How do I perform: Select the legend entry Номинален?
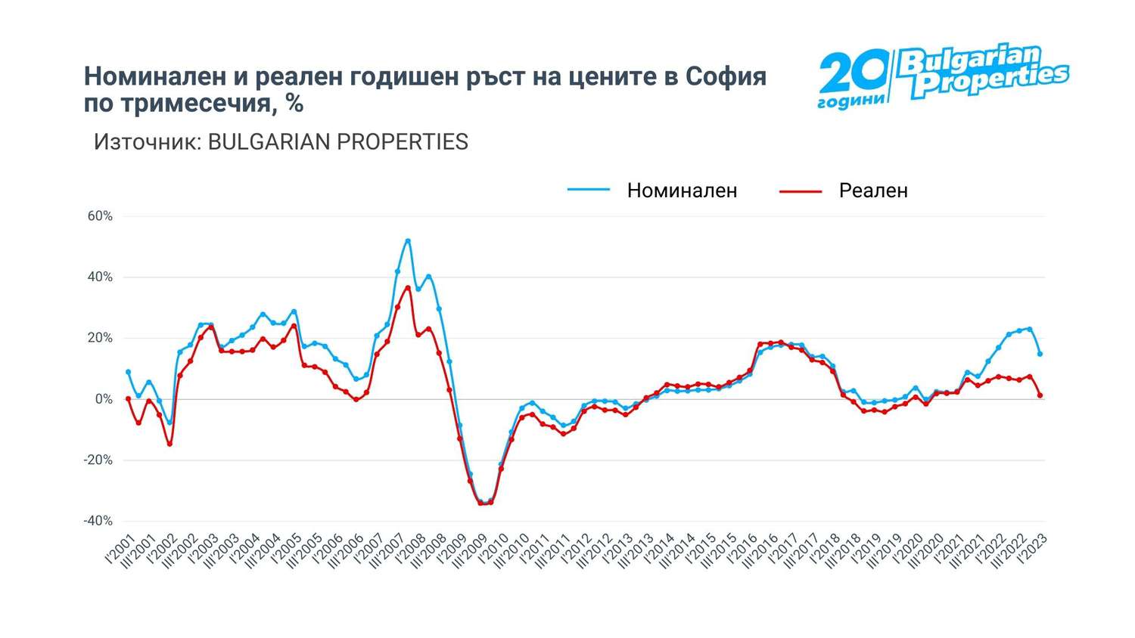(x=681, y=190)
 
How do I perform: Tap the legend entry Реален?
(x=872, y=190)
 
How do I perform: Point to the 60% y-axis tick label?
(x=100, y=216)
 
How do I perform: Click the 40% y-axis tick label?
(x=100, y=277)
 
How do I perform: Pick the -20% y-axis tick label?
(x=98, y=460)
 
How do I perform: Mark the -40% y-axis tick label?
(x=98, y=521)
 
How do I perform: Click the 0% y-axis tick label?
(x=103, y=399)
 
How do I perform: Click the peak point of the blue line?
(x=408, y=241)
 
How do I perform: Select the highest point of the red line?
(x=408, y=287)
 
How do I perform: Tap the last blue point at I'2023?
(x=1040, y=354)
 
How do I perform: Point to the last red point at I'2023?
(x=1040, y=395)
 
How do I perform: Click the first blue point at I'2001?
(x=128, y=372)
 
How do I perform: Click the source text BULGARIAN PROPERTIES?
(x=337, y=142)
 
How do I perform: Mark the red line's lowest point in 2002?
(x=169, y=444)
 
